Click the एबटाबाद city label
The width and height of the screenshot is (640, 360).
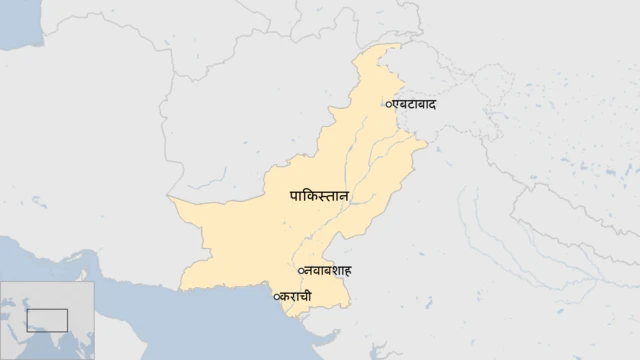tap(414, 104)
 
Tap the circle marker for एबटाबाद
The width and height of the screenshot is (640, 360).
tap(388, 104)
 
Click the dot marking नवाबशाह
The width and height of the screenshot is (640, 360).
tap(301, 271)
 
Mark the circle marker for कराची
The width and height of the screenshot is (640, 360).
tap(276, 296)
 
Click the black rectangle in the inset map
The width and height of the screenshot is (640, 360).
tap(47, 320)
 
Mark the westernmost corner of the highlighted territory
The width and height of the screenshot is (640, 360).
tap(171, 200)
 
